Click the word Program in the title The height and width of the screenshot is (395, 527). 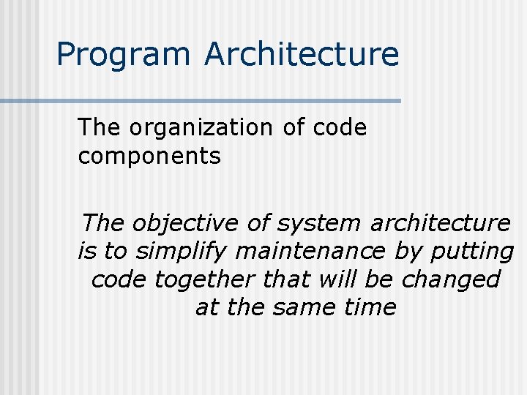122,55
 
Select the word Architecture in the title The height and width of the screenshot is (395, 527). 302,55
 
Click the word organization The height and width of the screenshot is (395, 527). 201,128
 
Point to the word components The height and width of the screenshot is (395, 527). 149,156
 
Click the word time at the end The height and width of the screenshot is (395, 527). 370,307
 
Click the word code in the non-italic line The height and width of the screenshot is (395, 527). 339,128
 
